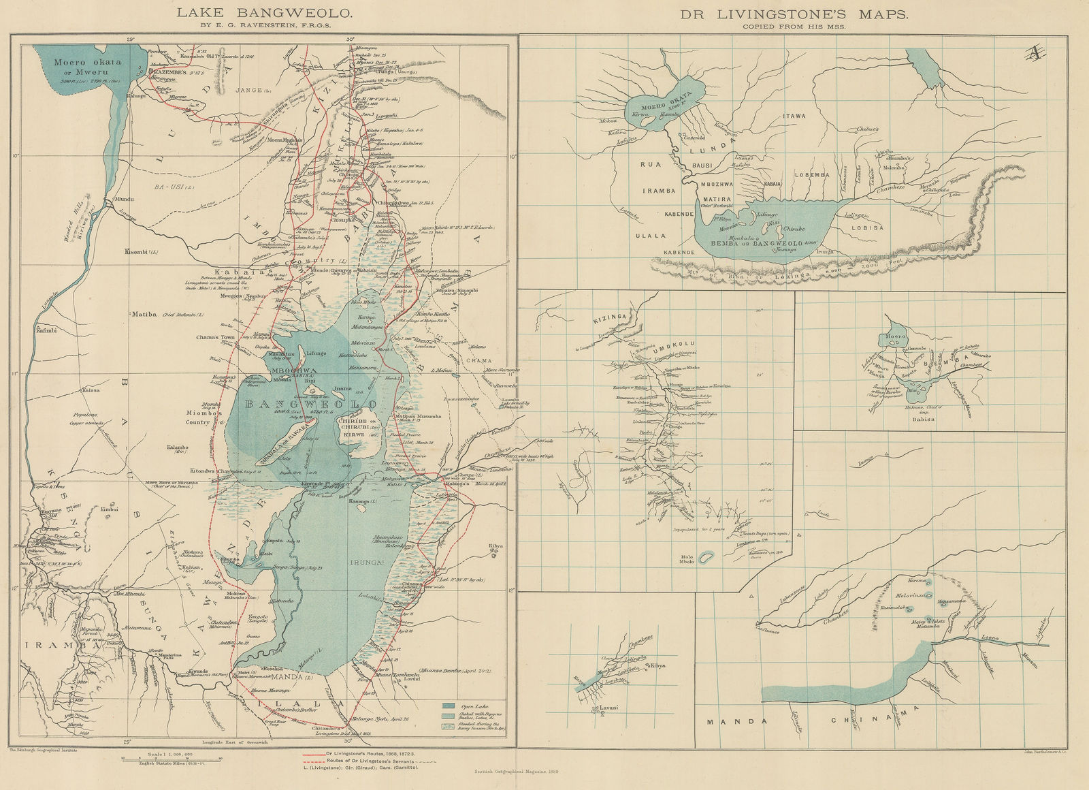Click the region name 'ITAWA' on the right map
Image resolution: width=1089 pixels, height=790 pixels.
(x=794, y=116)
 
